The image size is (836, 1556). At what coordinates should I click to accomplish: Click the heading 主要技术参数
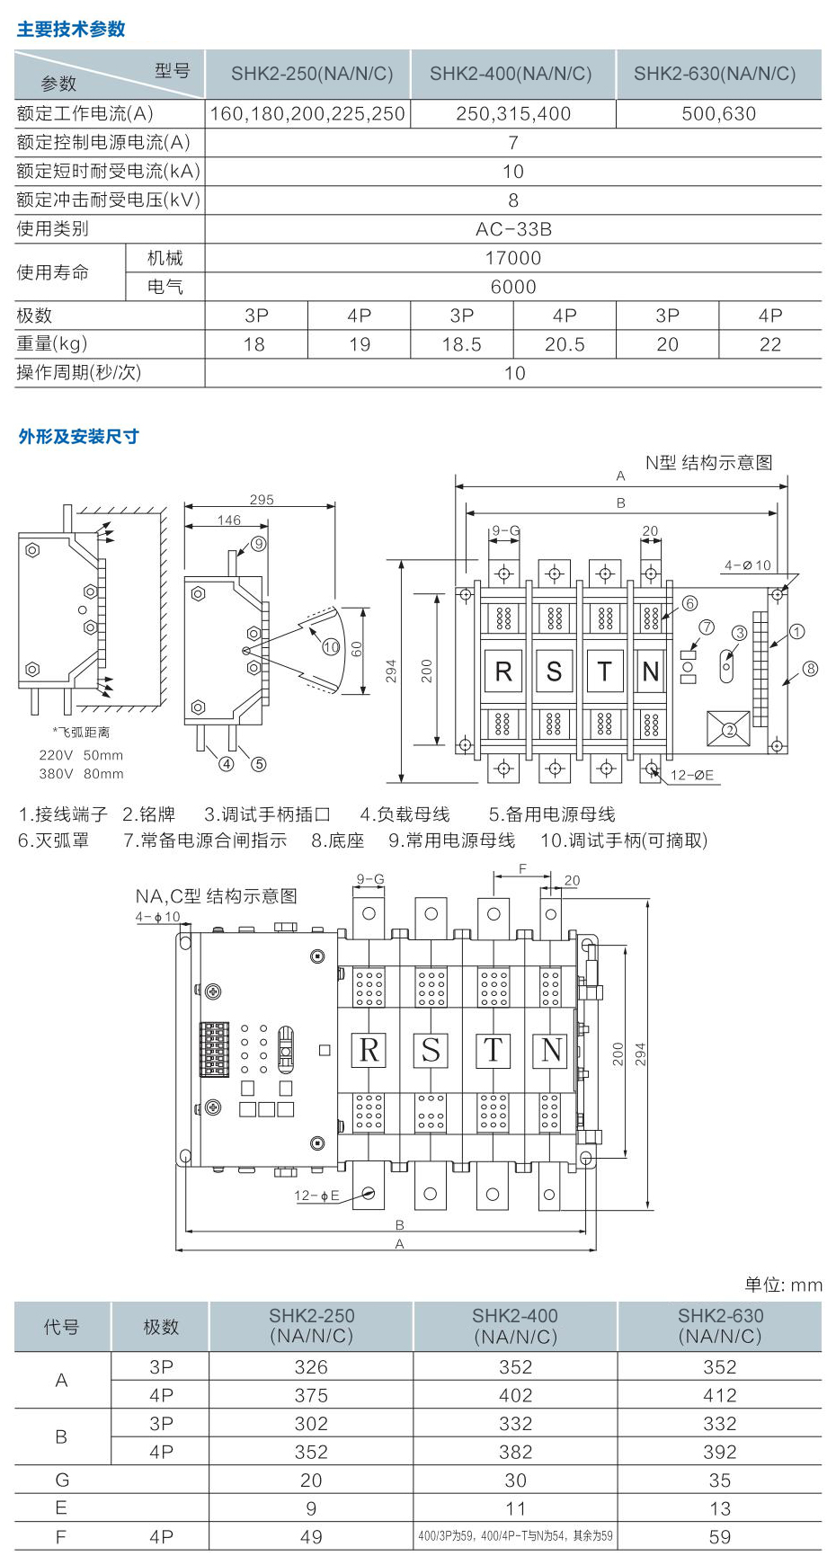click(x=71, y=30)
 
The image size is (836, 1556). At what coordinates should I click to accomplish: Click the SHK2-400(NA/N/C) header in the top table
click(x=511, y=74)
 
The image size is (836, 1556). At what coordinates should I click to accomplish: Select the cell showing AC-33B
click(x=513, y=229)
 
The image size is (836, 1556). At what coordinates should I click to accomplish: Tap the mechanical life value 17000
click(x=513, y=258)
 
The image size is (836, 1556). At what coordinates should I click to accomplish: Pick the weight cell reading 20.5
click(x=565, y=344)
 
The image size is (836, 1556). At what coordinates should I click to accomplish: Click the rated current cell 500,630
click(x=718, y=114)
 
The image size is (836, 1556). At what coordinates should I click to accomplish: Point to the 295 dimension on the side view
click(x=262, y=500)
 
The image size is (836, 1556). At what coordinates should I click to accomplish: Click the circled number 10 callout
click(x=331, y=646)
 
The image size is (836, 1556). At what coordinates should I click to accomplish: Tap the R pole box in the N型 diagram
click(x=503, y=671)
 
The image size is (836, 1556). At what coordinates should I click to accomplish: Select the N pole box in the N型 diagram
click(x=651, y=671)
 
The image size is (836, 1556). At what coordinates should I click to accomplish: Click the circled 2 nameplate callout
click(x=729, y=730)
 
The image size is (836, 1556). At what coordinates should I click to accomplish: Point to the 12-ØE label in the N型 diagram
click(x=692, y=775)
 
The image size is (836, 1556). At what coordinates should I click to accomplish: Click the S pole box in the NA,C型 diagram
click(x=431, y=1050)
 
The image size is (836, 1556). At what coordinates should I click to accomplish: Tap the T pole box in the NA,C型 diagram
click(x=493, y=1050)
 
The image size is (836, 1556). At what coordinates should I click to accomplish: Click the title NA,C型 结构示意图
click(x=216, y=896)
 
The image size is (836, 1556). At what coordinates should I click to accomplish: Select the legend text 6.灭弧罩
click(x=54, y=840)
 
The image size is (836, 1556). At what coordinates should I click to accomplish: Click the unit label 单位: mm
click(x=783, y=1285)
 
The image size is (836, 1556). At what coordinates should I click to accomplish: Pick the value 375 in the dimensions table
click(x=311, y=1395)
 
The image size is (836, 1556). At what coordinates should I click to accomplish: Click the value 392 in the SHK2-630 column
click(x=719, y=1452)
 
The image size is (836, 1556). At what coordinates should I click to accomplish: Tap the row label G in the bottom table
click(x=61, y=1480)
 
